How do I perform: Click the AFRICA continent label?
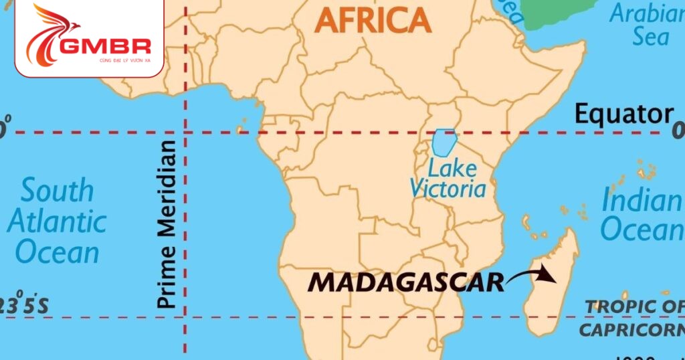[373, 19]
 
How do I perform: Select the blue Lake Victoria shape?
[443, 142]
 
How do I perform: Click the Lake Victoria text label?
[448, 179]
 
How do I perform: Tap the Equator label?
[623, 114]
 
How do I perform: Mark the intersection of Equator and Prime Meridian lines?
[185, 132]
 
